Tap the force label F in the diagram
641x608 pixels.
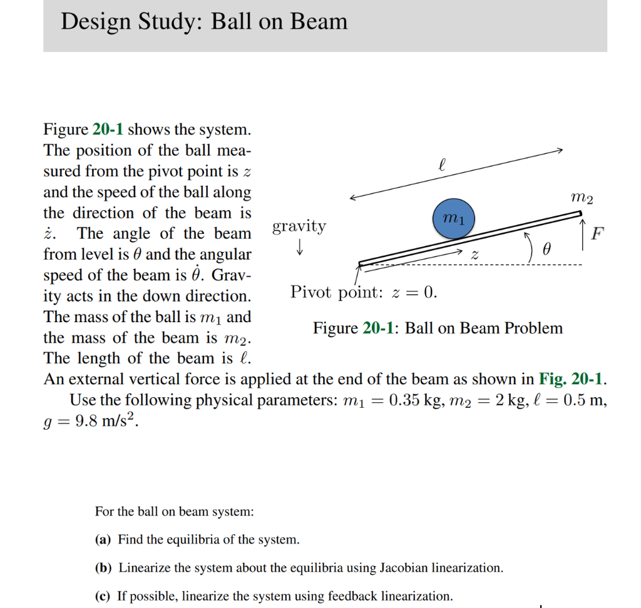(x=598, y=235)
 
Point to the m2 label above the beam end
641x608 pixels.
(x=582, y=198)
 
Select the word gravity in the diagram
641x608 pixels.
(x=299, y=226)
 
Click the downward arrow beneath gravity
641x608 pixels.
(x=300, y=248)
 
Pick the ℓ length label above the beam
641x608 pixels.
(x=443, y=165)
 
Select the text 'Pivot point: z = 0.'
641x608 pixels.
(x=364, y=292)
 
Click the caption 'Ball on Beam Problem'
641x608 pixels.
(x=484, y=328)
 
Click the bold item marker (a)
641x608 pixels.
(x=104, y=539)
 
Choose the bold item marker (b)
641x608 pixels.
(x=104, y=568)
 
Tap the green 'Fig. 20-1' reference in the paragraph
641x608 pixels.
(x=570, y=380)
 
